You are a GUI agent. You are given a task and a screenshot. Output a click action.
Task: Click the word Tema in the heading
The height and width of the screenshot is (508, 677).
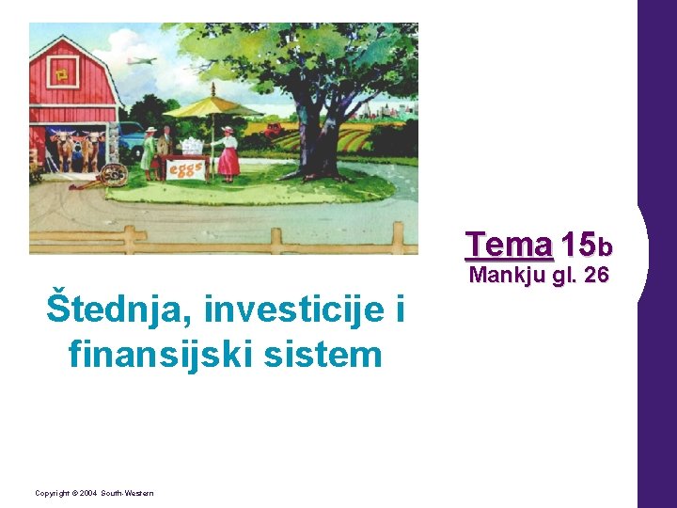[x=509, y=246]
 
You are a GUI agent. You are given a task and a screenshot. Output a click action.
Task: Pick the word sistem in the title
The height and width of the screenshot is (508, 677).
[x=328, y=355]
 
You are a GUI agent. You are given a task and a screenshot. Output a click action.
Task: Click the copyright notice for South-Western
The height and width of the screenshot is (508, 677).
[x=95, y=493]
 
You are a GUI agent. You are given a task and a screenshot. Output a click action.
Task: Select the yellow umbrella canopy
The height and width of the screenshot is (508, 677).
[x=212, y=106]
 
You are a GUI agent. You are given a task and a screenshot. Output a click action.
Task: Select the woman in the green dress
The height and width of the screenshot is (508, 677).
[x=149, y=152]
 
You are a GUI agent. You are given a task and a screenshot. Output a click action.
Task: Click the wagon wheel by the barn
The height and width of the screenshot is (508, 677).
[x=114, y=175]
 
